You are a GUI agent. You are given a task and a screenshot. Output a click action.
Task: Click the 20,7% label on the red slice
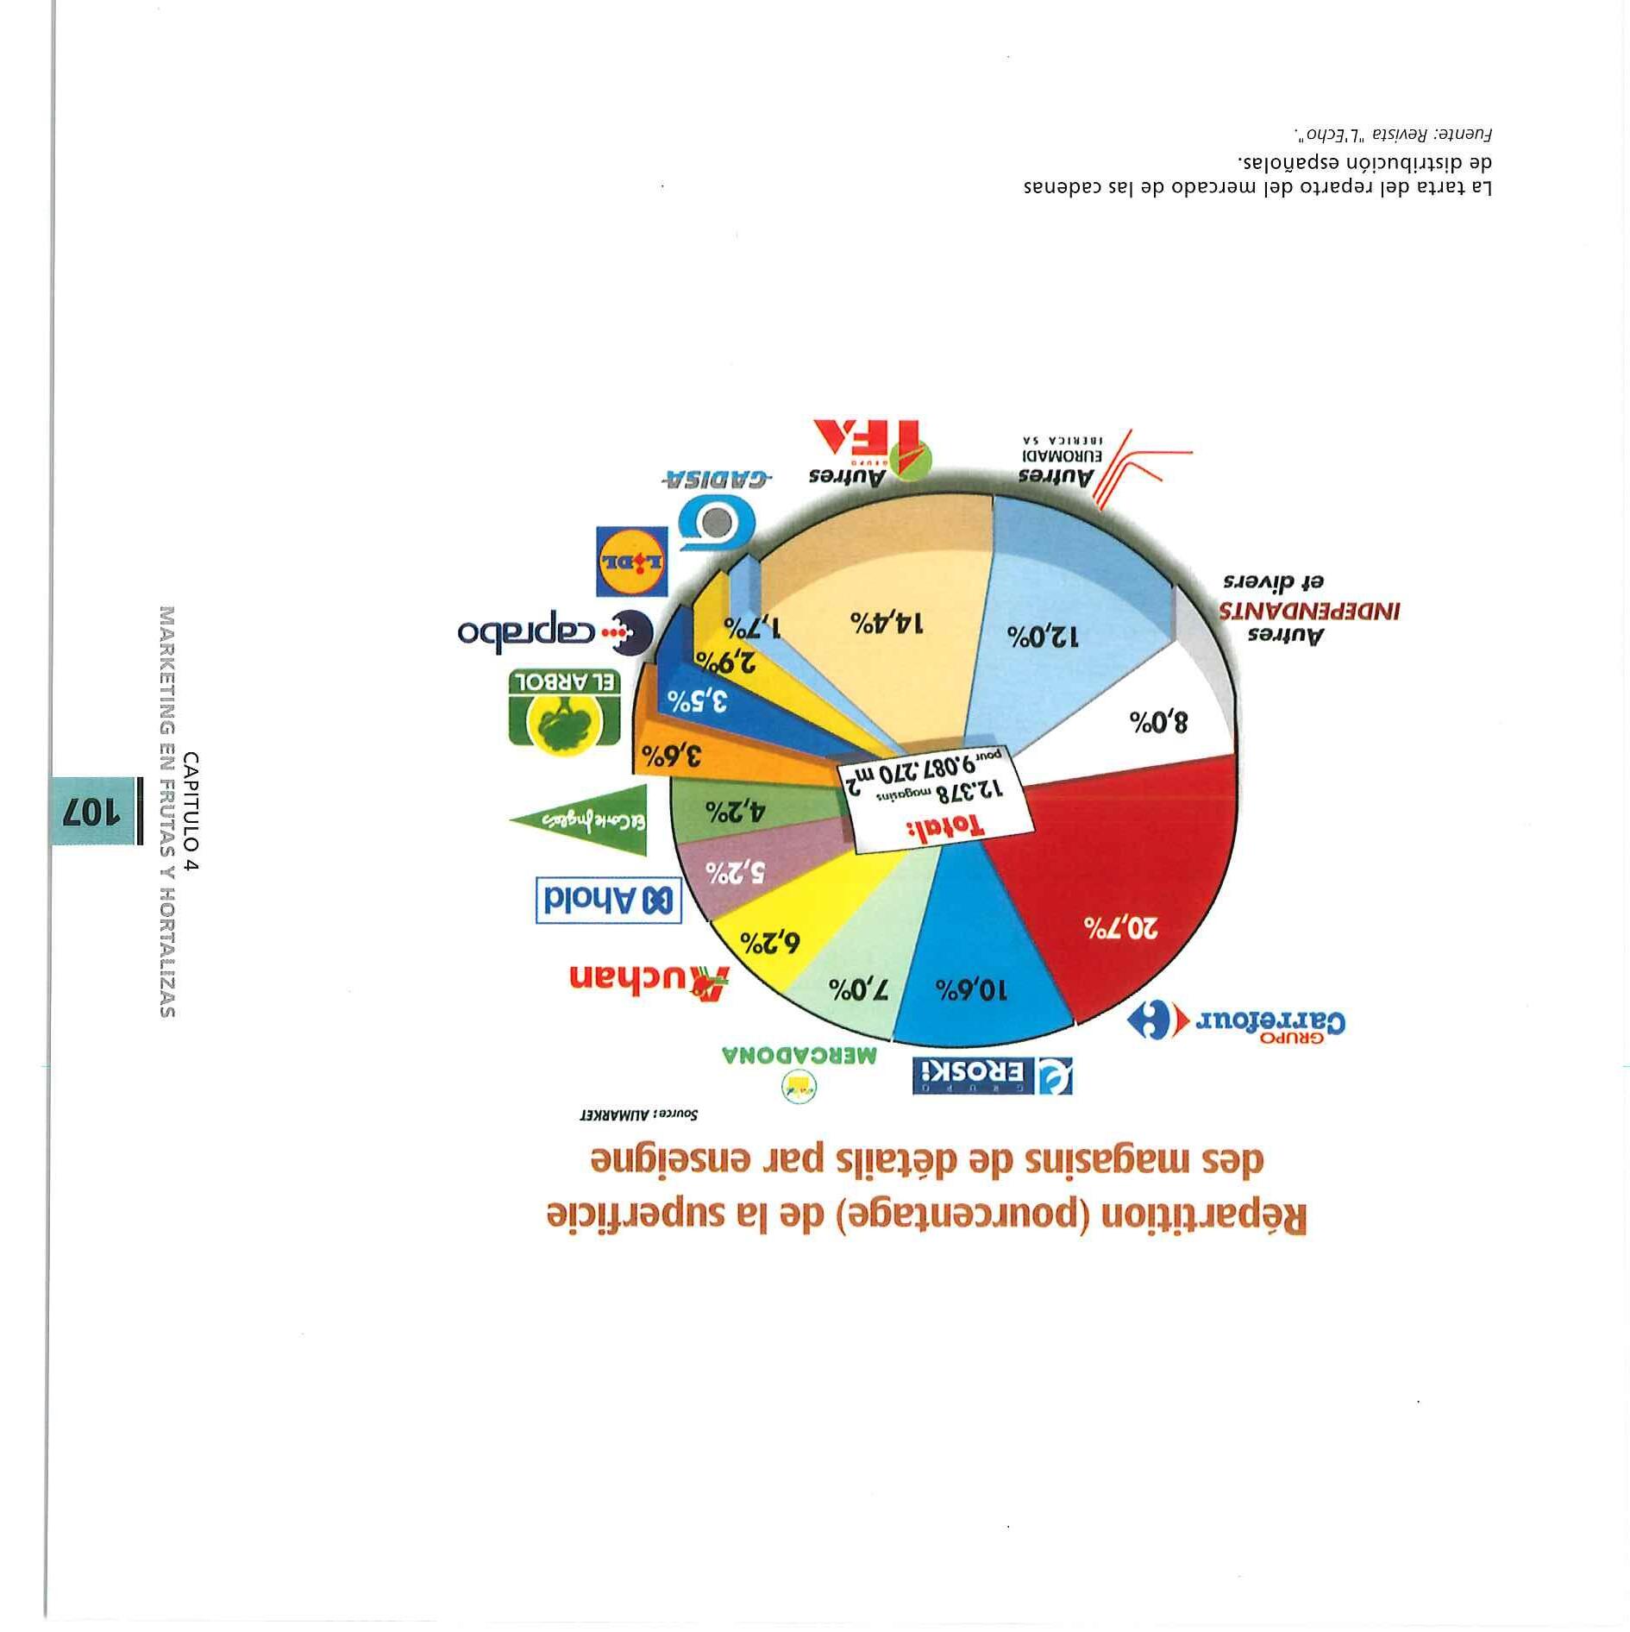(x=1120, y=928)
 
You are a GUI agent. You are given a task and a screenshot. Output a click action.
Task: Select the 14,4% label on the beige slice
(x=887, y=622)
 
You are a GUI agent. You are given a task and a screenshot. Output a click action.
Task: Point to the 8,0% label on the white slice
(x=1158, y=720)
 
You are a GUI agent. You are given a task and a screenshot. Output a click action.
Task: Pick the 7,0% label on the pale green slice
(x=857, y=989)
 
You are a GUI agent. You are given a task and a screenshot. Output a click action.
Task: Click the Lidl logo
(x=632, y=561)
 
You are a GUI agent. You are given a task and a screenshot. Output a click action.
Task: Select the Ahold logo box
(x=608, y=900)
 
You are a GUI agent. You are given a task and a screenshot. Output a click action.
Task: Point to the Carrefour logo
(x=1236, y=1021)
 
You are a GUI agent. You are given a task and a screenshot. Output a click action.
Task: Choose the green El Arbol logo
(x=564, y=707)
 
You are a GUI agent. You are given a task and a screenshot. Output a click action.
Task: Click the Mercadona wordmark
(x=799, y=1055)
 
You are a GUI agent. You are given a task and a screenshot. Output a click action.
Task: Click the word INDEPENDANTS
(x=1309, y=611)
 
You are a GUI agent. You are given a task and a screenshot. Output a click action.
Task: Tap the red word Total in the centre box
(x=944, y=826)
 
